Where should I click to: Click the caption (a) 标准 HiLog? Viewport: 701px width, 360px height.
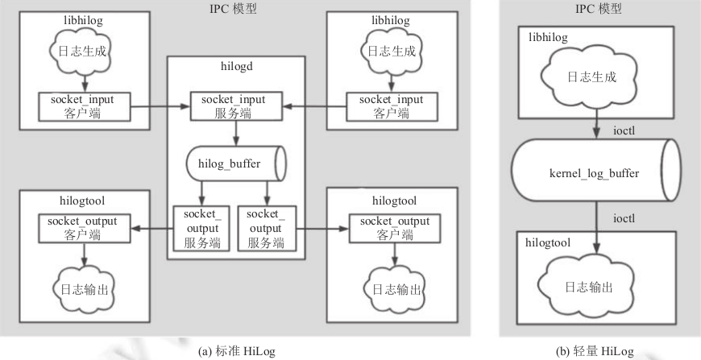tap(235, 350)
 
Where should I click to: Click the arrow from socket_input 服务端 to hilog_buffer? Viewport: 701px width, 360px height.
tap(234, 131)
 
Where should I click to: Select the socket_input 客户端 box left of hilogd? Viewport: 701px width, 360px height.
tap(82, 105)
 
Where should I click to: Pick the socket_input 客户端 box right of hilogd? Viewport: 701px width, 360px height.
tap(390, 105)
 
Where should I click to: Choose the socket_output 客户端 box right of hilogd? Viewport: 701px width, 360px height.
tap(391, 228)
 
